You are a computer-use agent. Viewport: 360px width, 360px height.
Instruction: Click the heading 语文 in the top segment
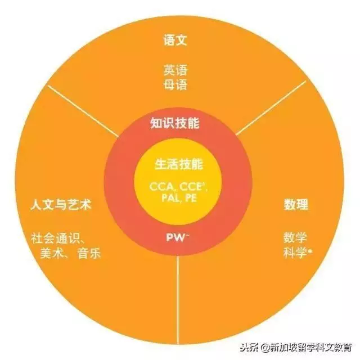click(x=175, y=40)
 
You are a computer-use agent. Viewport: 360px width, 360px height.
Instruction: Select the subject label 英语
click(x=175, y=70)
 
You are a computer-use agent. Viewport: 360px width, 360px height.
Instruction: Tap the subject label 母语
click(x=175, y=85)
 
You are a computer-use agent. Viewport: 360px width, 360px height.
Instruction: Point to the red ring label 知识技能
click(x=175, y=123)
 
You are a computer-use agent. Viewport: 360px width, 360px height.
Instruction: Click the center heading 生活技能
click(x=179, y=164)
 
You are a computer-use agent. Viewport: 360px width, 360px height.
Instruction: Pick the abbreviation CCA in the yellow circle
click(x=161, y=186)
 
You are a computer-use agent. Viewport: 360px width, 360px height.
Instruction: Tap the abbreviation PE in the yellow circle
click(x=191, y=198)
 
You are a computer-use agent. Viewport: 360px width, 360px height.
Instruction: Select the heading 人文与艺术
click(x=61, y=205)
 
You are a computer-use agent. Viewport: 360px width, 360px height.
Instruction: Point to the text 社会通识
click(x=55, y=238)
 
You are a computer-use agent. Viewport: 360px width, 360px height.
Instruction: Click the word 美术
click(x=51, y=253)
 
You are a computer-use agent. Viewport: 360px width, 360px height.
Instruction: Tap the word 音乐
click(x=89, y=253)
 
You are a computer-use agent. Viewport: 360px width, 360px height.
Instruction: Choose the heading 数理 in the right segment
click(x=296, y=204)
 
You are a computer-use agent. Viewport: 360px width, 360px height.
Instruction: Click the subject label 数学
click(x=295, y=237)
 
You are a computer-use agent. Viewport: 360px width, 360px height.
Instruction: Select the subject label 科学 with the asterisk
click(x=298, y=253)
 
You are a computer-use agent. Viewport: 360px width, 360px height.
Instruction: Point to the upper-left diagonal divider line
click(x=83, y=111)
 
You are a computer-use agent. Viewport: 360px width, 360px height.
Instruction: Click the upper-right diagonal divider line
click(x=271, y=107)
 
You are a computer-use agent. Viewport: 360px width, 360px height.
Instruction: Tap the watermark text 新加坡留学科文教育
click(x=311, y=348)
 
